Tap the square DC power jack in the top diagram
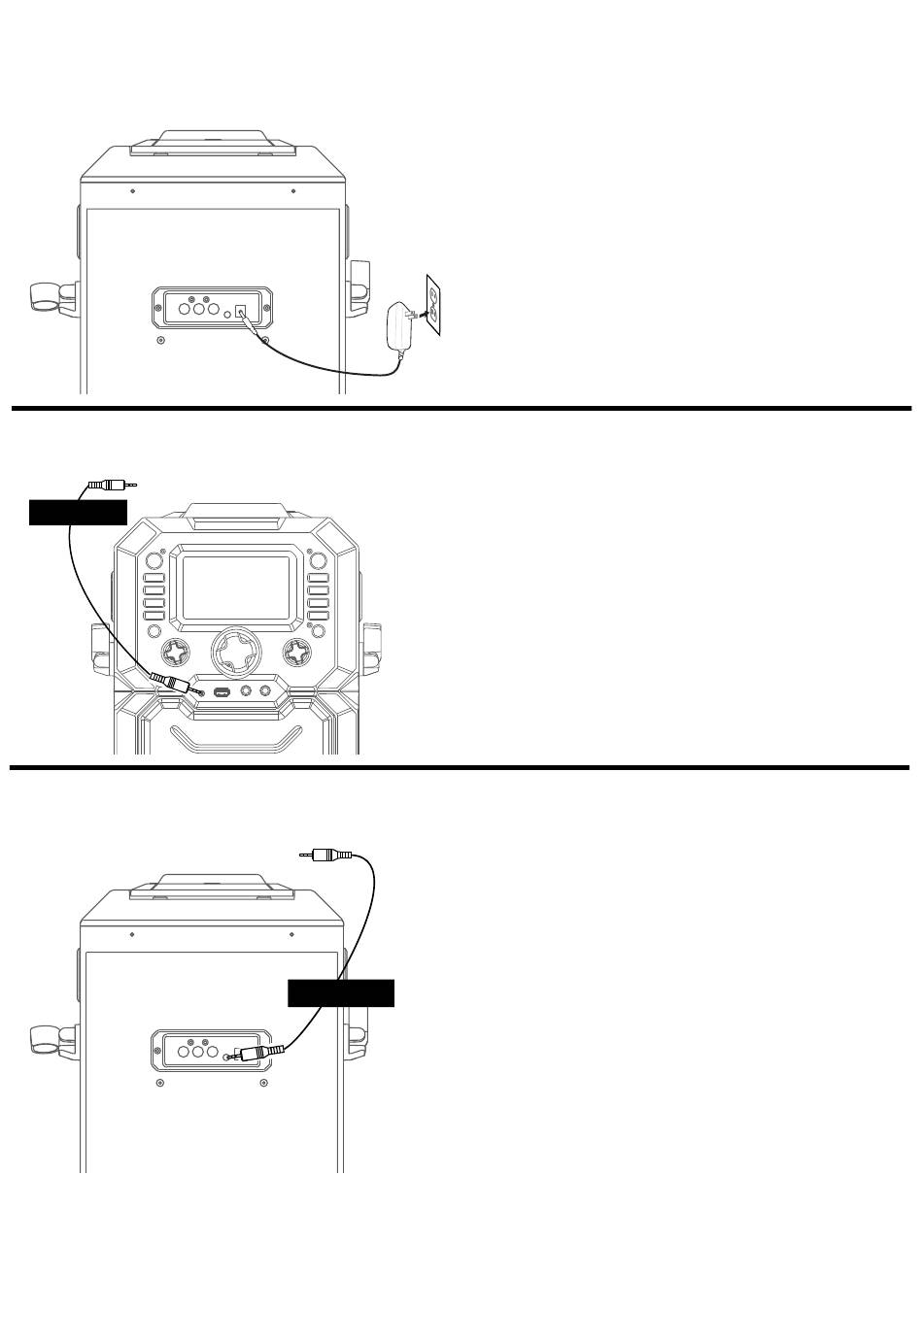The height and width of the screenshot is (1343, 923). (x=242, y=313)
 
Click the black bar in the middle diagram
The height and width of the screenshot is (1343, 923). (x=78, y=512)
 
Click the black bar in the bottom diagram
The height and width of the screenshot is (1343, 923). (x=341, y=993)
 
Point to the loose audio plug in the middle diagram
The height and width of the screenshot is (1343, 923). (x=111, y=484)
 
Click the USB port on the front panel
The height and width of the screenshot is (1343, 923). (x=221, y=693)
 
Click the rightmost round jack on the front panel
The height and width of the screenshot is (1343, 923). (x=263, y=692)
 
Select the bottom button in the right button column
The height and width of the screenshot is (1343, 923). (x=318, y=616)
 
